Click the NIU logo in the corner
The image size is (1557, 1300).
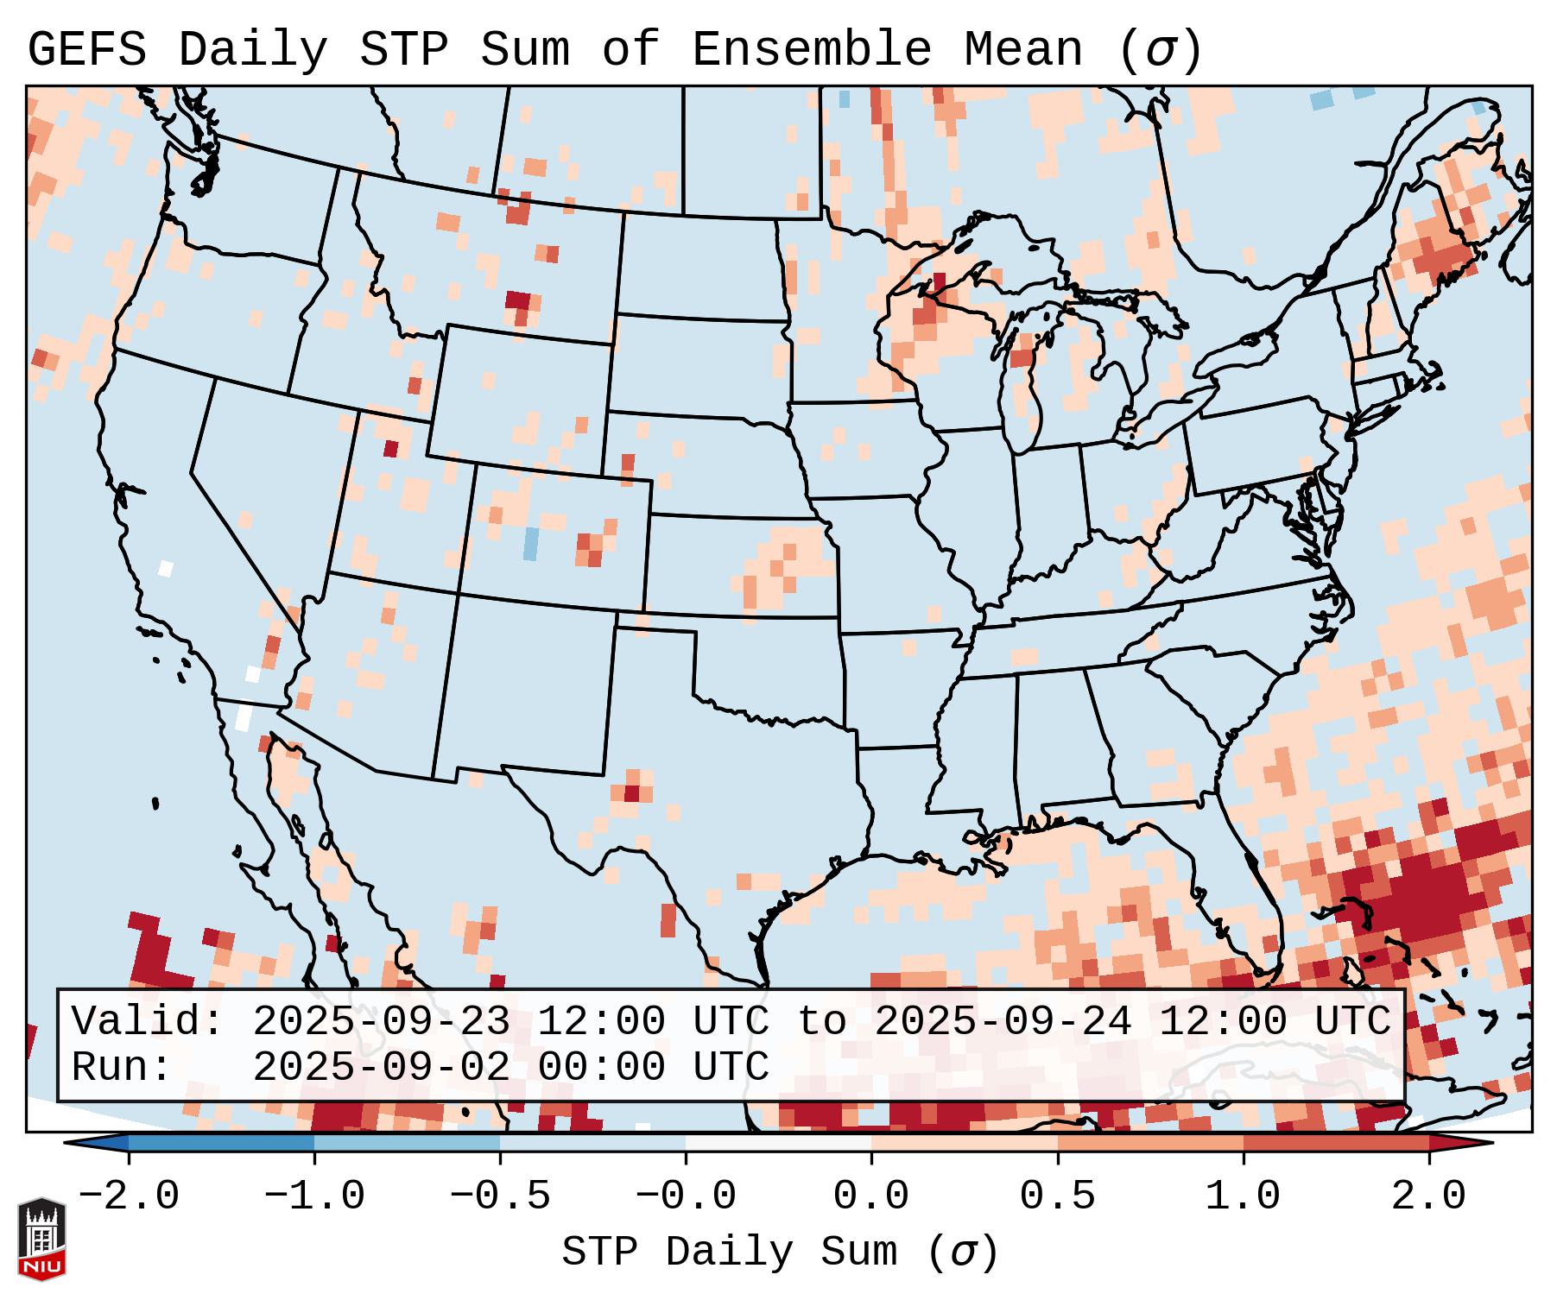click(x=41, y=1239)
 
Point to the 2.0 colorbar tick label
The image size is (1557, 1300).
click(x=1428, y=1196)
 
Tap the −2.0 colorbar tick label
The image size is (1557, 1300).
click(x=129, y=1196)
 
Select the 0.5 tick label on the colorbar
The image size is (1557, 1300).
click(x=1057, y=1196)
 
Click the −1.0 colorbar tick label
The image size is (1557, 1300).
click(x=314, y=1196)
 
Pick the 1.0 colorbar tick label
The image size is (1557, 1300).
click(x=1243, y=1196)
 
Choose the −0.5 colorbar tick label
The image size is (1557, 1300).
click(x=500, y=1196)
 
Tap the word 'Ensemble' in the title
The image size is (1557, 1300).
click(x=811, y=50)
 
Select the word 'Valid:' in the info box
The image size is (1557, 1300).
click(x=147, y=1022)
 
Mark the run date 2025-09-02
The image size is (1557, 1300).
click(x=381, y=1068)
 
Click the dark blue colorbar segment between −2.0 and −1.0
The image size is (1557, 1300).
click(x=221, y=1143)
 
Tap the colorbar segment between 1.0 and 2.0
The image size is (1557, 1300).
click(x=1335, y=1143)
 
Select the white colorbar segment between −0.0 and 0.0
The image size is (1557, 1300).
click(x=778, y=1143)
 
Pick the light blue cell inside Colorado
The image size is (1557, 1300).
click(x=531, y=544)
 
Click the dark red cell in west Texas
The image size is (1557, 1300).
click(x=632, y=792)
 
